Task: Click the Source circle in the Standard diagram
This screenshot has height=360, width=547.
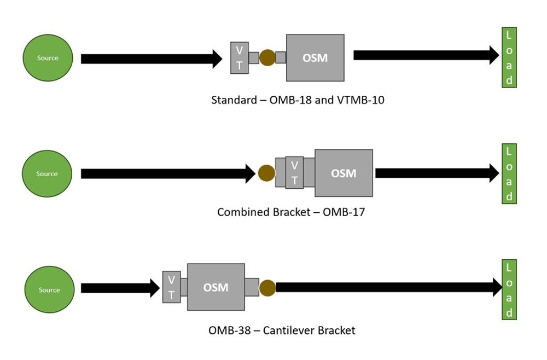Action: click(48, 57)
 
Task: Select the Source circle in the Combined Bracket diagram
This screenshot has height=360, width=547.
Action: click(47, 173)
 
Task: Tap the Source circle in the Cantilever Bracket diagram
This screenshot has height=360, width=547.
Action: click(49, 290)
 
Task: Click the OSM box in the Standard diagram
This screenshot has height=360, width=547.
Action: click(315, 57)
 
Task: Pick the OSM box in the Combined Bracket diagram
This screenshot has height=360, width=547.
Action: click(344, 173)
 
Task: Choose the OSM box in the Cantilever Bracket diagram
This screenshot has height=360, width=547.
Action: click(216, 287)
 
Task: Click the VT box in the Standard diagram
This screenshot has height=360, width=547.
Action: click(239, 57)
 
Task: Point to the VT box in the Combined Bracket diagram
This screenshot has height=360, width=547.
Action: click(294, 172)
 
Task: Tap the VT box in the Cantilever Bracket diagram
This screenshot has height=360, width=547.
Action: click(171, 287)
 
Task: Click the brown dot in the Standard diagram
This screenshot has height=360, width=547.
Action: click(267, 57)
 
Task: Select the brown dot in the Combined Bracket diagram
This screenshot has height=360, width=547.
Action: click(266, 173)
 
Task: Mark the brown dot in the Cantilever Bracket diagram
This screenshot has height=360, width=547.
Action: click(267, 288)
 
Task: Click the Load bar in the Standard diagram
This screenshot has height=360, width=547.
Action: click(509, 57)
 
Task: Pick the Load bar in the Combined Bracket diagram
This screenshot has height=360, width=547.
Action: click(509, 173)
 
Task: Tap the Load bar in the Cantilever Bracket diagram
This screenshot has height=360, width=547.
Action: click(509, 290)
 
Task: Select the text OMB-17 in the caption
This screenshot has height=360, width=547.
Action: click(344, 212)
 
